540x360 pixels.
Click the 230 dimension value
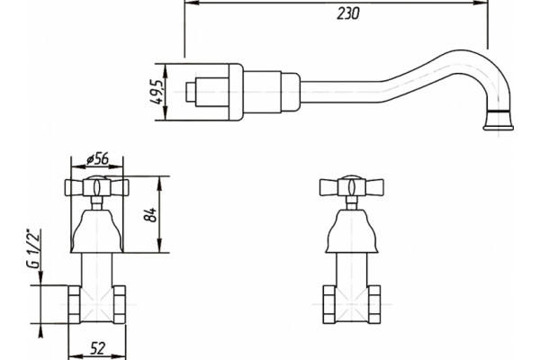347,13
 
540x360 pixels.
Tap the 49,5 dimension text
156,92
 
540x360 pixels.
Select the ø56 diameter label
97,158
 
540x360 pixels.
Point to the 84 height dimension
149,215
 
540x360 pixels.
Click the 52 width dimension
98,348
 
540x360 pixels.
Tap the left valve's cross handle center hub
97,186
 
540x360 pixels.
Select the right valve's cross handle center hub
352,186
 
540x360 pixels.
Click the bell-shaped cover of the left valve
97,230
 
